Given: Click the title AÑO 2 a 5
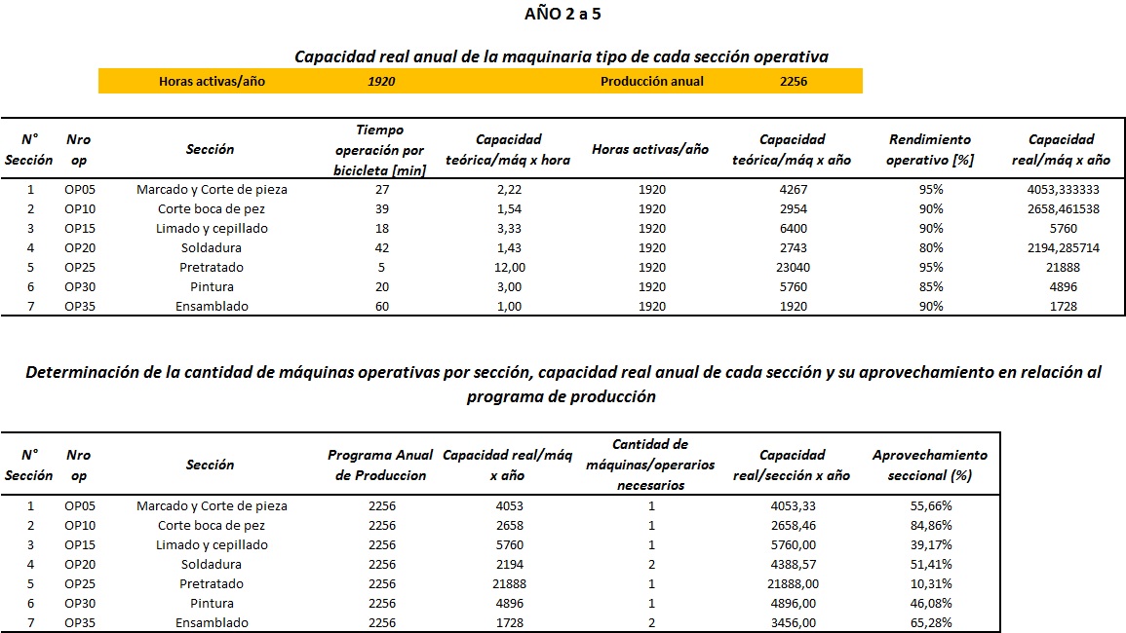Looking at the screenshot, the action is (x=563, y=14).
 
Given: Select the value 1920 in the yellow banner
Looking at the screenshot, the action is (x=381, y=81).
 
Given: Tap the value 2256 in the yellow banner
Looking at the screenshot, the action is (x=794, y=81).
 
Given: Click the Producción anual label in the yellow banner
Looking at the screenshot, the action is (x=652, y=81).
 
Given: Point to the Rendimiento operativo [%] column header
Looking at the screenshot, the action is (x=930, y=149).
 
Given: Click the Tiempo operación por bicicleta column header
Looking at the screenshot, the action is (x=380, y=150).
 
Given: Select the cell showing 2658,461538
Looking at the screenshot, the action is (x=1064, y=208).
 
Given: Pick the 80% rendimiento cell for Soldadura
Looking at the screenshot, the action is (x=931, y=247).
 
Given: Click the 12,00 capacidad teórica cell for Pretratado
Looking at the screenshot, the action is (x=510, y=267).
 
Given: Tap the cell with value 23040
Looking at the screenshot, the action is (x=793, y=267).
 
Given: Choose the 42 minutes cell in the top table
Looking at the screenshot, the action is (x=382, y=247).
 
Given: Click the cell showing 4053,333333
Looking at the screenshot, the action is (x=1064, y=190).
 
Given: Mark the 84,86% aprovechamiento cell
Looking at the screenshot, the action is (x=931, y=525).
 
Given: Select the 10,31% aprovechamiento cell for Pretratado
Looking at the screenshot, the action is (x=931, y=583).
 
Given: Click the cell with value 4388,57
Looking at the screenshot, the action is (x=794, y=564).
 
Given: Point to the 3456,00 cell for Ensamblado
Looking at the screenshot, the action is (x=794, y=622).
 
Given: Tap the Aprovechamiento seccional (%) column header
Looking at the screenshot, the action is (x=930, y=465).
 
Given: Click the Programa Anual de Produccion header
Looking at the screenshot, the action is (x=380, y=465).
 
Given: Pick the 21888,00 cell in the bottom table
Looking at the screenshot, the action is (x=794, y=583).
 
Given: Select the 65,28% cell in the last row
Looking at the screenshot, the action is (x=931, y=622).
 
